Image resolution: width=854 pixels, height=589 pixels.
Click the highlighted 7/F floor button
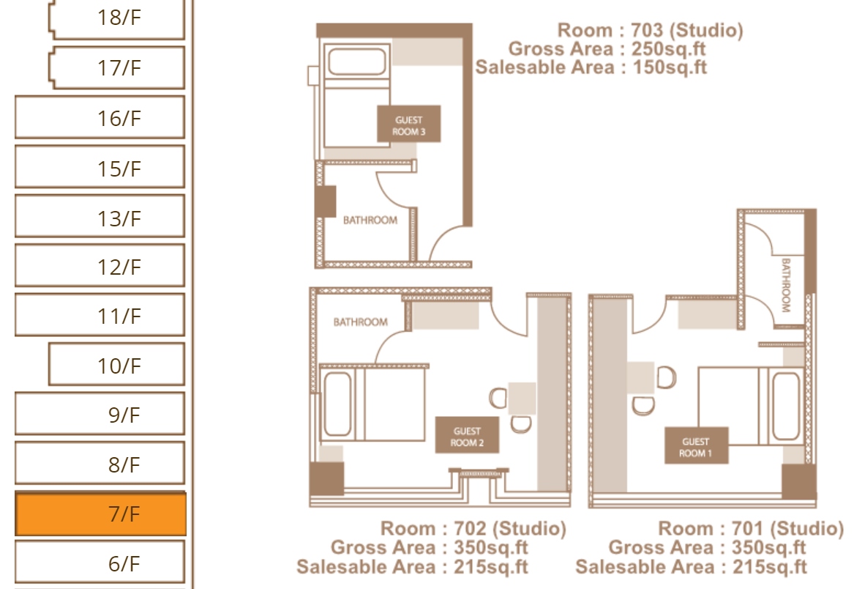point(100,514)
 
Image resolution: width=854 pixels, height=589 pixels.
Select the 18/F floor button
point(116,18)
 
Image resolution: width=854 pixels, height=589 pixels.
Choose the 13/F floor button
point(100,217)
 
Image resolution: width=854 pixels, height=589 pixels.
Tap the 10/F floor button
point(116,364)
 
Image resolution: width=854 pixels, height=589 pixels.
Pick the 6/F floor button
point(100,562)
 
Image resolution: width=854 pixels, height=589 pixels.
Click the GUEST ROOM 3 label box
point(408,125)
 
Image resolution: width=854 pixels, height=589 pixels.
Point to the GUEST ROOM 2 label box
point(467,435)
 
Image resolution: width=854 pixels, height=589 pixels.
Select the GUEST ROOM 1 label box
point(696,445)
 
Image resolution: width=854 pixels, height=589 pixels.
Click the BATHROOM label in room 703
point(370,221)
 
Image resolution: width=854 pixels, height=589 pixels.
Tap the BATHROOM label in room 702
point(360,322)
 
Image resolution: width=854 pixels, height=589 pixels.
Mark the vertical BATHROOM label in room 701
point(785,285)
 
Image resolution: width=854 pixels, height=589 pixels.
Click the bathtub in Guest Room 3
point(357,61)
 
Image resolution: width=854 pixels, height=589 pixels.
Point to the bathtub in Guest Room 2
point(337,404)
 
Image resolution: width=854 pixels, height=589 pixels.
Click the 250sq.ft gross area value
point(668,49)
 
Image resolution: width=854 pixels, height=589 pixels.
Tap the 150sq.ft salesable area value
point(670,67)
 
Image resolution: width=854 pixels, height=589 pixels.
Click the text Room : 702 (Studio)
point(473,528)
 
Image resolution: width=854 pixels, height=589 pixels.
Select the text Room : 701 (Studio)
point(751,528)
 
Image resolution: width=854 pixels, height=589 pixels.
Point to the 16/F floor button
point(100,117)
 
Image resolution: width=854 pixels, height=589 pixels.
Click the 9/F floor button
point(100,414)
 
